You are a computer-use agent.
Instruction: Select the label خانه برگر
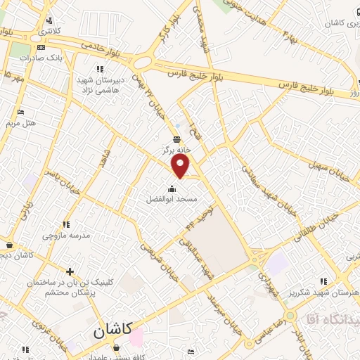point(177,149)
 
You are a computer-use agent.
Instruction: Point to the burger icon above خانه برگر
point(177,138)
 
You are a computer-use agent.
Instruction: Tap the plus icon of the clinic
point(70,271)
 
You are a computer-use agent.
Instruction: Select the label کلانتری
point(49,32)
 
